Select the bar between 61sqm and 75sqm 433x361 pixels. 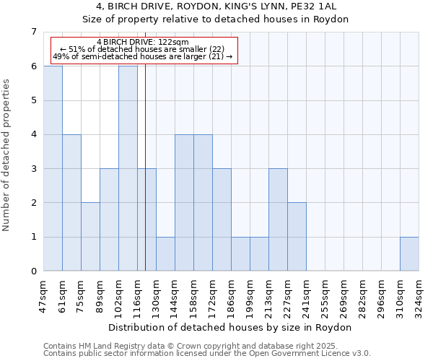pos(71,203)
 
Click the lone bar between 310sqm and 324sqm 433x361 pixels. pos(409,254)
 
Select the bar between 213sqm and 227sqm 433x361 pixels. pos(278,219)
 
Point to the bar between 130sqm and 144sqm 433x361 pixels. pos(165,254)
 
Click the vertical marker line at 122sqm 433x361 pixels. pos(146,180)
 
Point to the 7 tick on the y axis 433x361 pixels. pos(33,32)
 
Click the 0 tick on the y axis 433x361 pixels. pos(33,271)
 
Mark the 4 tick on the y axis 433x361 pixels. pos(33,134)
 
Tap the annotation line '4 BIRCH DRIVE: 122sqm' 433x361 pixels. pos(143,43)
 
